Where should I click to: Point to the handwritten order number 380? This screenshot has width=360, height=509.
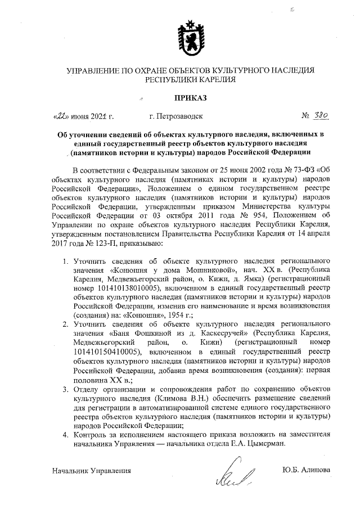click(321, 117)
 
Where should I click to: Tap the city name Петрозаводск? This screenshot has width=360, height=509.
click(180, 117)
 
